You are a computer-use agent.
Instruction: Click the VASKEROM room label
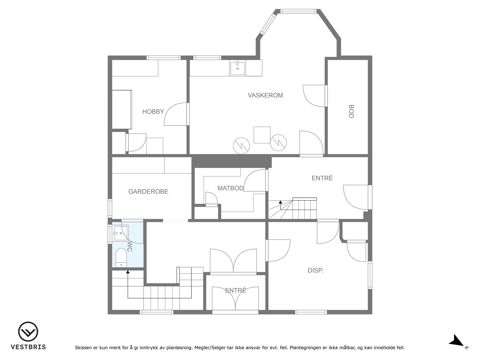[265, 95]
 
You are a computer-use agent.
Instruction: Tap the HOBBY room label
[153, 112]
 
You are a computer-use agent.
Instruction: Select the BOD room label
[351, 112]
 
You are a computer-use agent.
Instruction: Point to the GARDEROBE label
[148, 191]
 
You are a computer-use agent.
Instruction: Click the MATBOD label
[230, 188]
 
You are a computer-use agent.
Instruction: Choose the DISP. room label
[315, 270]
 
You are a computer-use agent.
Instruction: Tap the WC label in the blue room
[130, 246]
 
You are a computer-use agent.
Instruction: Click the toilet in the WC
[121, 257]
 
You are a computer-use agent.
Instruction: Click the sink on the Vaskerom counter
[238, 68]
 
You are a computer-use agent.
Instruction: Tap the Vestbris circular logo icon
[28, 331]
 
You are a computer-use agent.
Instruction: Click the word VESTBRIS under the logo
[28, 347]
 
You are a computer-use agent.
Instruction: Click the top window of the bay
[298, 11]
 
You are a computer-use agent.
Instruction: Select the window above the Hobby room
[163, 58]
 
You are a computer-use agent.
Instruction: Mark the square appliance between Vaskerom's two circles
[262, 135]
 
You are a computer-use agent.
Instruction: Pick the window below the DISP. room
[311, 312]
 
